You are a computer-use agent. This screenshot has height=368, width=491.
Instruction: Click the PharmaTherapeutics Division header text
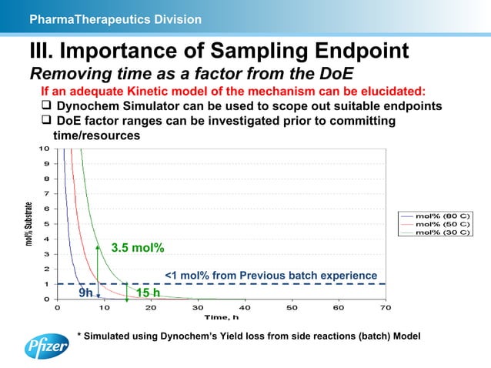coord(115,18)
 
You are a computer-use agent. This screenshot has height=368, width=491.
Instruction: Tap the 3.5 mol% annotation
coord(138,248)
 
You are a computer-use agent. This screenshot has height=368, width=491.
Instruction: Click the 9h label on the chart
coord(86,293)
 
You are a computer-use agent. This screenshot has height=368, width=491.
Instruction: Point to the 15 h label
coord(148,293)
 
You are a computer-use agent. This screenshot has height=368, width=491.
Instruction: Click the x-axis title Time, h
coord(221,317)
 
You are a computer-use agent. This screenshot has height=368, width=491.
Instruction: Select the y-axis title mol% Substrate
coord(29,223)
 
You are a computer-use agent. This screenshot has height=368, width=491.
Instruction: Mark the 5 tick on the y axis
coord(47,223)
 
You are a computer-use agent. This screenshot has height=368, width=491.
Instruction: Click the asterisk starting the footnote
coord(78,336)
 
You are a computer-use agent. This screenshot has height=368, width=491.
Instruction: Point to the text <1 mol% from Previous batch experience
coord(271,276)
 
